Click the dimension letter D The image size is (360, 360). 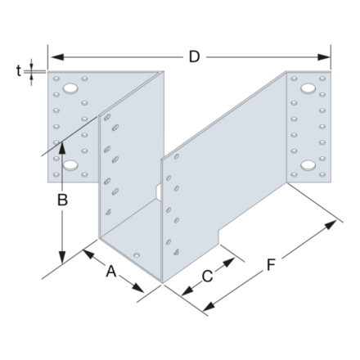pos(194,56)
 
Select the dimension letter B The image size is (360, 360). pos(63,197)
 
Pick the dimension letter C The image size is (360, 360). pos(207,276)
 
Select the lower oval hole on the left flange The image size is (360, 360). pos(71,165)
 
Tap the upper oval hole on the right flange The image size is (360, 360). pos(309,88)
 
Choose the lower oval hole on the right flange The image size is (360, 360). pos(309,165)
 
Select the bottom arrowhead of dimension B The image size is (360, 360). pos(63,255)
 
